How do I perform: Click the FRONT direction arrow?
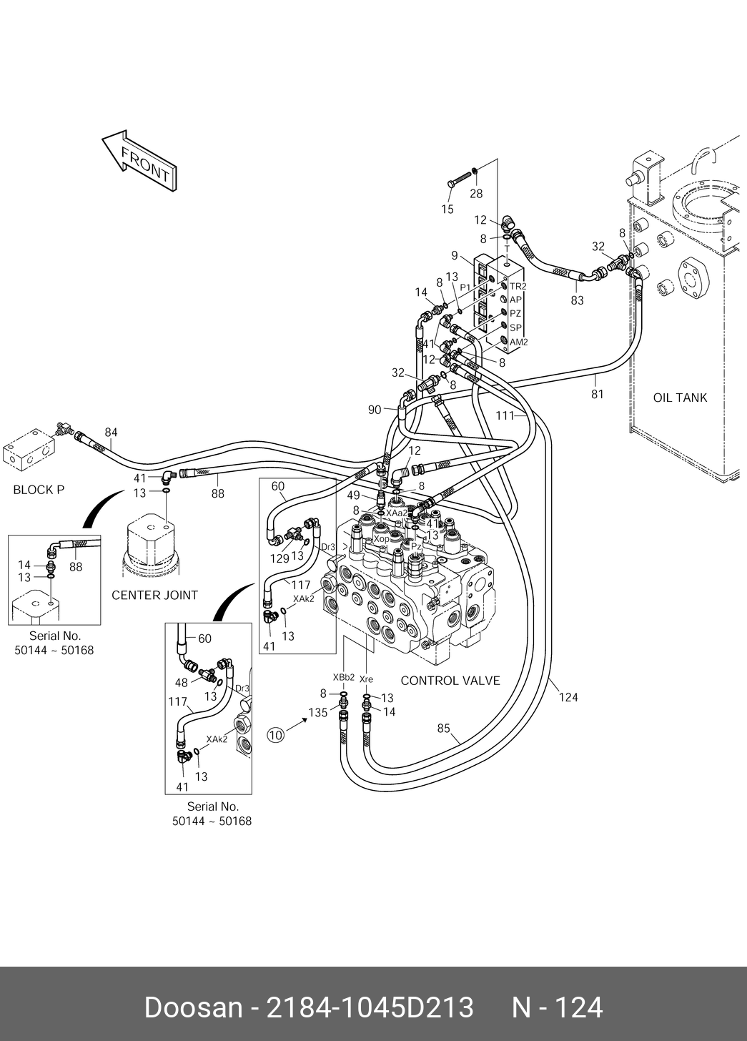[139, 161]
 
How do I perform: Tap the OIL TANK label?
[679, 398]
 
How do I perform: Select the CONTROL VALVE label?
[450, 681]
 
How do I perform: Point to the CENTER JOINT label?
[154, 595]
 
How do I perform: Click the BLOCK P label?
[39, 490]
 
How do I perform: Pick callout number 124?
[568, 697]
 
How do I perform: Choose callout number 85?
[444, 729]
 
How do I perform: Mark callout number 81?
[597, 394]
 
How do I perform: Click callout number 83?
[577, 300]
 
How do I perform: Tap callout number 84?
[111, 432]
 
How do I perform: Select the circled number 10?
[275, 734]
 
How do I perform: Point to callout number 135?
[317, 712]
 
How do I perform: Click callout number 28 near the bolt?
[476, 193]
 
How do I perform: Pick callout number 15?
[447, 209]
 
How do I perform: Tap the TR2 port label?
[518, 286]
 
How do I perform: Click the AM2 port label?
[518, 342]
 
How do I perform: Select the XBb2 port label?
[343, 677]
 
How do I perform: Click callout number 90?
[375, 410]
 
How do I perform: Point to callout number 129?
[279, 558]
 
